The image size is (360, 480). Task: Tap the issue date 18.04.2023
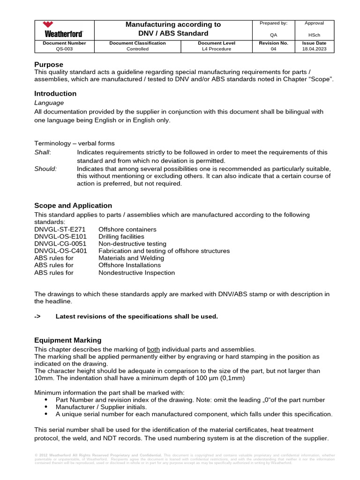point(314,49)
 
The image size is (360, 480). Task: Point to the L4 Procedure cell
point(216,49)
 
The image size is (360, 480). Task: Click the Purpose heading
point(49,64)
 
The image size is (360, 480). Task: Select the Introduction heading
point(55,93)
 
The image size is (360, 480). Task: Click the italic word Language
point(49,103)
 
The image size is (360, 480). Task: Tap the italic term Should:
point(45,169)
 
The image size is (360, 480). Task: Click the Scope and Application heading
point(73,205)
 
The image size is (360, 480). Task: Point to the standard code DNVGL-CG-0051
point(60,244)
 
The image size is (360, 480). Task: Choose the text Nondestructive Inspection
point(136,273)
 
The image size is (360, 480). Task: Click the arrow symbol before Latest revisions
point(37,316)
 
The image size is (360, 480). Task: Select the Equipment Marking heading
point(67,340)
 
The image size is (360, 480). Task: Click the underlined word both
point(154,350)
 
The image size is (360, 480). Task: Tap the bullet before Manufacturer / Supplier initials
point(45,407)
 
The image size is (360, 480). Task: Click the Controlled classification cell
point(137,49)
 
